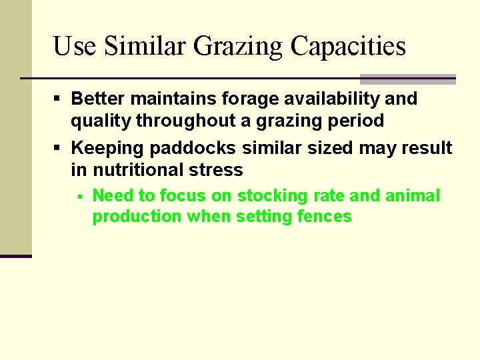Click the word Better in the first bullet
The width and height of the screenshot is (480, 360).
coord(98,99)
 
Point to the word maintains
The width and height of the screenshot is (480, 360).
coord(168,99)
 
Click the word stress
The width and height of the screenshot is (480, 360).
coord(218,170)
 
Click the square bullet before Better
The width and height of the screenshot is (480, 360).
coord(58,99)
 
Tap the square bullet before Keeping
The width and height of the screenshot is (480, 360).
coord(58,148)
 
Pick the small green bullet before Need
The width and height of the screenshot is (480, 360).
coord(79,197)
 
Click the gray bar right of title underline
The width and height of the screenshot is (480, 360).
coord(407,79)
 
